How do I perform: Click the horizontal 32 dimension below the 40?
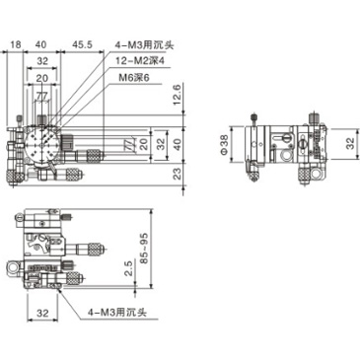click(40, 60)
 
